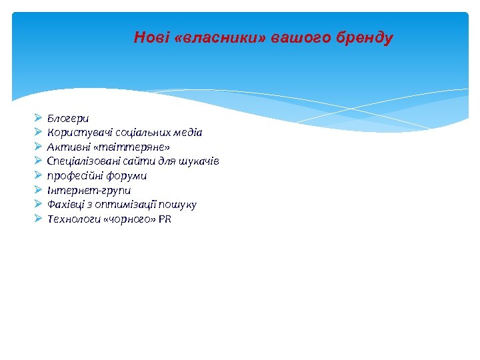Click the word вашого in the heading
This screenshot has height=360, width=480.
click(x=295, y=37)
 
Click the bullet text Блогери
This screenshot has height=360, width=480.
click(x=67, y=118)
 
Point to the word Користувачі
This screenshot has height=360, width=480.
click(x=75, y=133)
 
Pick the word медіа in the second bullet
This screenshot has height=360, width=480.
click(x=189, y=133)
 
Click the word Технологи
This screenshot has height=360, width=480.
click(x=70, y=219)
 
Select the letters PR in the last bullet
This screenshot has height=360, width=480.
click(x=165, y=219)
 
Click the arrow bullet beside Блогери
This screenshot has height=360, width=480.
click(x=37, y=118)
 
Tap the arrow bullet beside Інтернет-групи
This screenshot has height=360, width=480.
click(x=37, y=191)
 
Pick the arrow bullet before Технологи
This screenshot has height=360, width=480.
click(x=37, y=219)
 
